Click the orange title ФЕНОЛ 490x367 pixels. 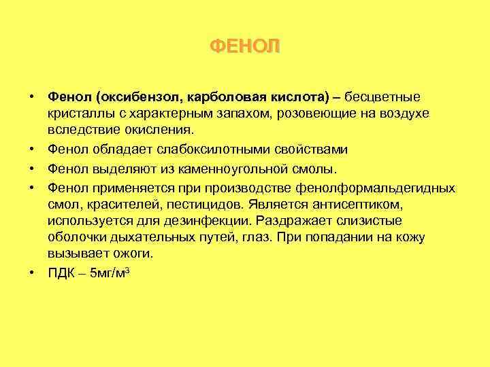[x=244, y=46]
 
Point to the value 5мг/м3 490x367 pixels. [x=107, y=272]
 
